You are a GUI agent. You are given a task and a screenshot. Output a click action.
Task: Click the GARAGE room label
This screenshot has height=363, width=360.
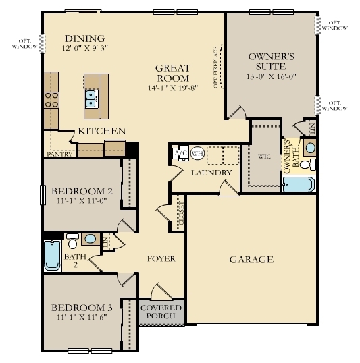pos(251,259)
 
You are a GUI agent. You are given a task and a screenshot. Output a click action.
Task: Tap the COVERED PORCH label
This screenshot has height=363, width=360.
pos(161,311)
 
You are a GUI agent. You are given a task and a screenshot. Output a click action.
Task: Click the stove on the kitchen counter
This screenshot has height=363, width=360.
pos(51,100)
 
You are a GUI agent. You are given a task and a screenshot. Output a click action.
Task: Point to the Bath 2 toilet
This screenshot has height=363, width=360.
pos(71,243)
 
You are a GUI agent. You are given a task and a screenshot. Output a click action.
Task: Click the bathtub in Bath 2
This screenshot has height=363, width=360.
pos(52,255)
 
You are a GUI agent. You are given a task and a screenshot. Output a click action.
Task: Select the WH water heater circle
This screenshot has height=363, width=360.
pos(197,153)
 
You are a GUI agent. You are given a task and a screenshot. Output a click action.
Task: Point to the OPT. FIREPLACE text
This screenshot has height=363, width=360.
pos(217,67)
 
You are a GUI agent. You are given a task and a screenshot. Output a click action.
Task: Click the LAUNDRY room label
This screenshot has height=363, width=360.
pos(211,173)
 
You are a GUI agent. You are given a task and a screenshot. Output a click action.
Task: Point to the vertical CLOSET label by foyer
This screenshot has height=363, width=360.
pos(181,214)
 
